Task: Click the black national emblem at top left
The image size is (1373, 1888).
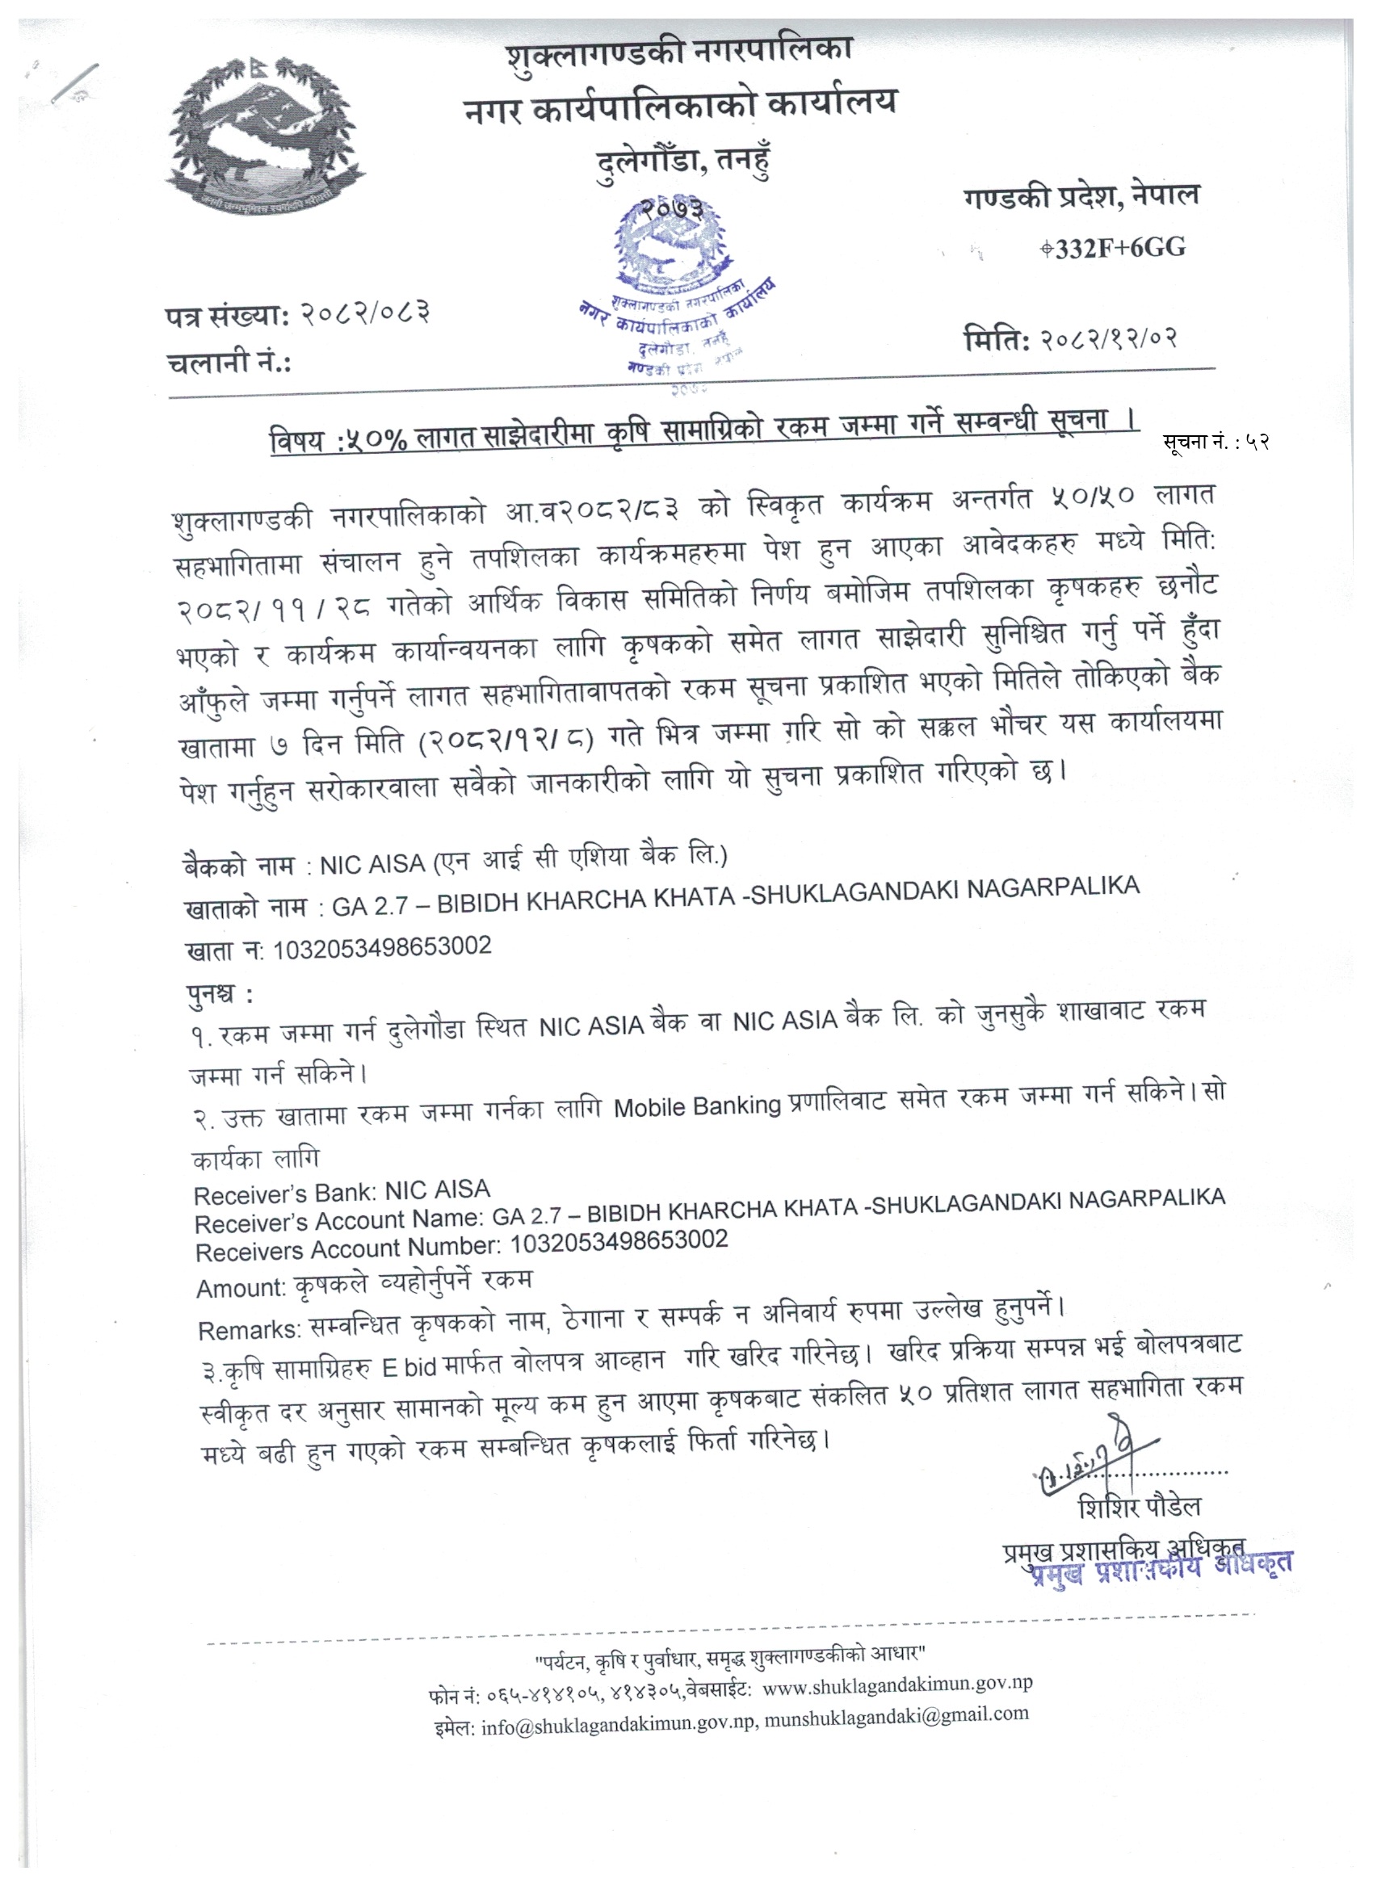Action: click(265, 136)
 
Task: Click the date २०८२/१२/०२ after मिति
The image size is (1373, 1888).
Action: click(1108, 338)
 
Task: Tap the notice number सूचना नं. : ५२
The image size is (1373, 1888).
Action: click(1215, 442)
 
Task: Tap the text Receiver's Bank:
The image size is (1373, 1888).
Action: click(277, 1194)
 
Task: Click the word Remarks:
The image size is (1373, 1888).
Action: click(249, 1330)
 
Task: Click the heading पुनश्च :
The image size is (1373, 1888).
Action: click(220, 994)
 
